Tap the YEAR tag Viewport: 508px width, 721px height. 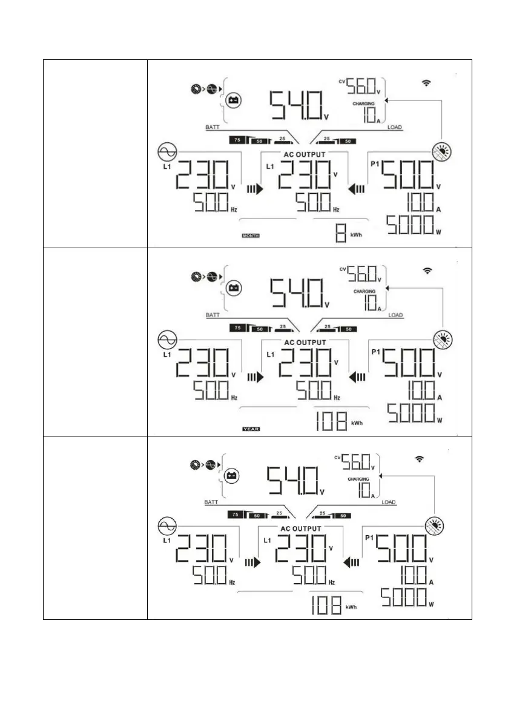point(250,429)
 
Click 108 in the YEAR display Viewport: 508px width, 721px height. point(332,419)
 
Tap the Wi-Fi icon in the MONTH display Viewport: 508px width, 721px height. point(427,82)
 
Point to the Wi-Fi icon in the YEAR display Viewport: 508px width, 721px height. point(427,271)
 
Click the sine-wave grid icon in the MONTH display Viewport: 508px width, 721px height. point(167,151)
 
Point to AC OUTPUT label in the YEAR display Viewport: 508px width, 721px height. point(305,343)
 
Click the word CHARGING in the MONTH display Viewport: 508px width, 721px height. point(364,104)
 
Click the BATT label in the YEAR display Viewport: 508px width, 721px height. point(213,315)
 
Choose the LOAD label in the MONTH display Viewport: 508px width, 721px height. point(395,128)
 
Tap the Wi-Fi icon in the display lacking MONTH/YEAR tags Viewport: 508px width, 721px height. point(419,459)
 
